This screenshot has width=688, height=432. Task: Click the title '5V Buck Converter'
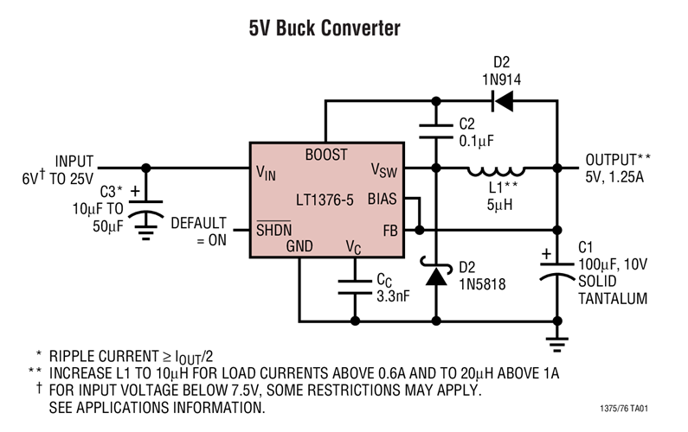pos(325,29)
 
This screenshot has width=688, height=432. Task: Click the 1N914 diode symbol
pos(502,101)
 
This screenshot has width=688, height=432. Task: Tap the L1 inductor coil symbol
pos(495,168)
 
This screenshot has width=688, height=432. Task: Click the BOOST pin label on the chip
pos(326,155)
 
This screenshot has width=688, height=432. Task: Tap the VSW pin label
pos(383,169)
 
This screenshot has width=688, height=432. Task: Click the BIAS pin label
pos(382,199)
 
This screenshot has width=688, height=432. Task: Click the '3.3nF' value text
pos(392,295)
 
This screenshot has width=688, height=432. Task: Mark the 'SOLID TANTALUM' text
pos(612,289)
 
